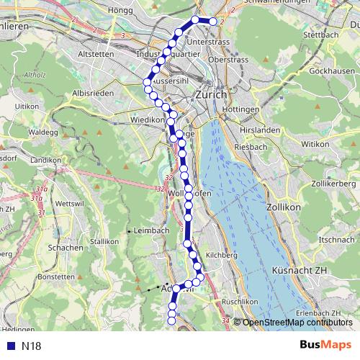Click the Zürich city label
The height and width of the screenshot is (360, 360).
pos(210,94)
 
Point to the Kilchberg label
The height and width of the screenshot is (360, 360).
pos(221,255)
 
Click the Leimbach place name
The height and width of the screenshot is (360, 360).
pos(151,230)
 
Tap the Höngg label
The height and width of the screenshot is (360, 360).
pos(120,10)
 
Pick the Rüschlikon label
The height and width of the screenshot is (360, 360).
pos(239,301)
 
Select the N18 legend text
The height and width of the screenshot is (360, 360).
pos(31,346)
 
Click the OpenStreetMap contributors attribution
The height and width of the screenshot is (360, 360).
pos(296,322)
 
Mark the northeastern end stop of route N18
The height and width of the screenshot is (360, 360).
pos(214,22)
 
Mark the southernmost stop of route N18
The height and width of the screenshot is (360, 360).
pos(172,321)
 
